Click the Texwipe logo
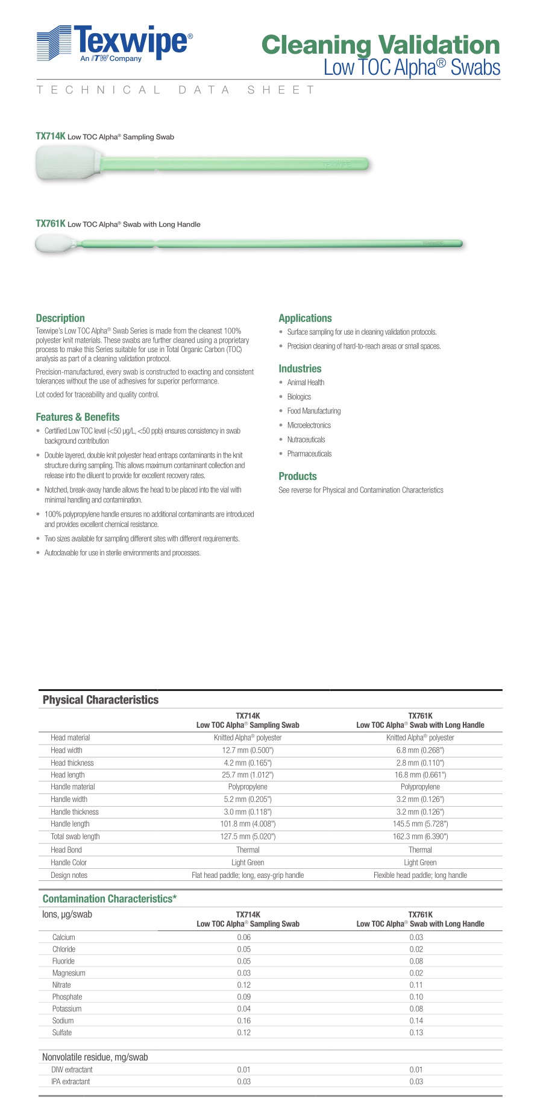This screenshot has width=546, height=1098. (115, 43)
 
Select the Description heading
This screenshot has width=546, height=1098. (60, 318)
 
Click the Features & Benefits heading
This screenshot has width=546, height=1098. (78, 417)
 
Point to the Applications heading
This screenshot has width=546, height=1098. (305, 318)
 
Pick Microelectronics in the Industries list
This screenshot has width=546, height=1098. (309, 425)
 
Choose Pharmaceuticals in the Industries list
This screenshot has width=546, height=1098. (309, 454)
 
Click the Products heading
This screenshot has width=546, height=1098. (297, 476)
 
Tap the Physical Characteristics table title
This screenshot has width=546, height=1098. (101, 700)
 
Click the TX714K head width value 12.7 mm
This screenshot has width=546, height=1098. (248, 751)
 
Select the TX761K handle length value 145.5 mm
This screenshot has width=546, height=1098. (420, 824)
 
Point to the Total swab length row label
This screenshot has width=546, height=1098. (75, 837)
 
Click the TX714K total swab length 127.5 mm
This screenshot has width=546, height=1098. (248, 837)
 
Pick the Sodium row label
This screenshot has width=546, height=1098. (63, 1021)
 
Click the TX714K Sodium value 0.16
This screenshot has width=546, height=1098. (243, 1021)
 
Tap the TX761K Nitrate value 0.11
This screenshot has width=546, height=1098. (416, 985)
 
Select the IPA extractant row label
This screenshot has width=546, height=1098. (71, 1082)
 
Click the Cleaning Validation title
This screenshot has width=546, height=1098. (380, 45)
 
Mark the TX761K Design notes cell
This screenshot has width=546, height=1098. (420, 876)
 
